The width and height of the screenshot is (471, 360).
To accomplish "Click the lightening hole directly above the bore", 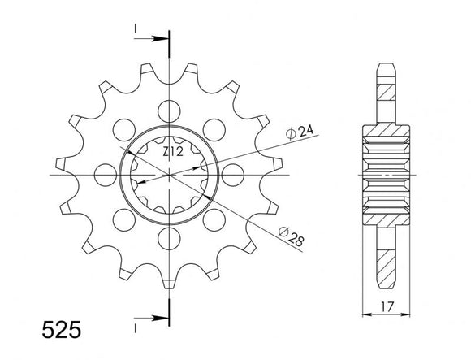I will point(169,109).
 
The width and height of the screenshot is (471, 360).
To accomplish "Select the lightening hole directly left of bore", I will point(104,174).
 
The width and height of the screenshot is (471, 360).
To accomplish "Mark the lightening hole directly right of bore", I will point(234,174).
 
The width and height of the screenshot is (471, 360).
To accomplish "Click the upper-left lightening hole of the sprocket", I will point(123,128).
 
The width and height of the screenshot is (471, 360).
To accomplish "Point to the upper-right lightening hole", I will point(215,128).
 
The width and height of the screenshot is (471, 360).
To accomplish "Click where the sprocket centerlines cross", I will point(169,174).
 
